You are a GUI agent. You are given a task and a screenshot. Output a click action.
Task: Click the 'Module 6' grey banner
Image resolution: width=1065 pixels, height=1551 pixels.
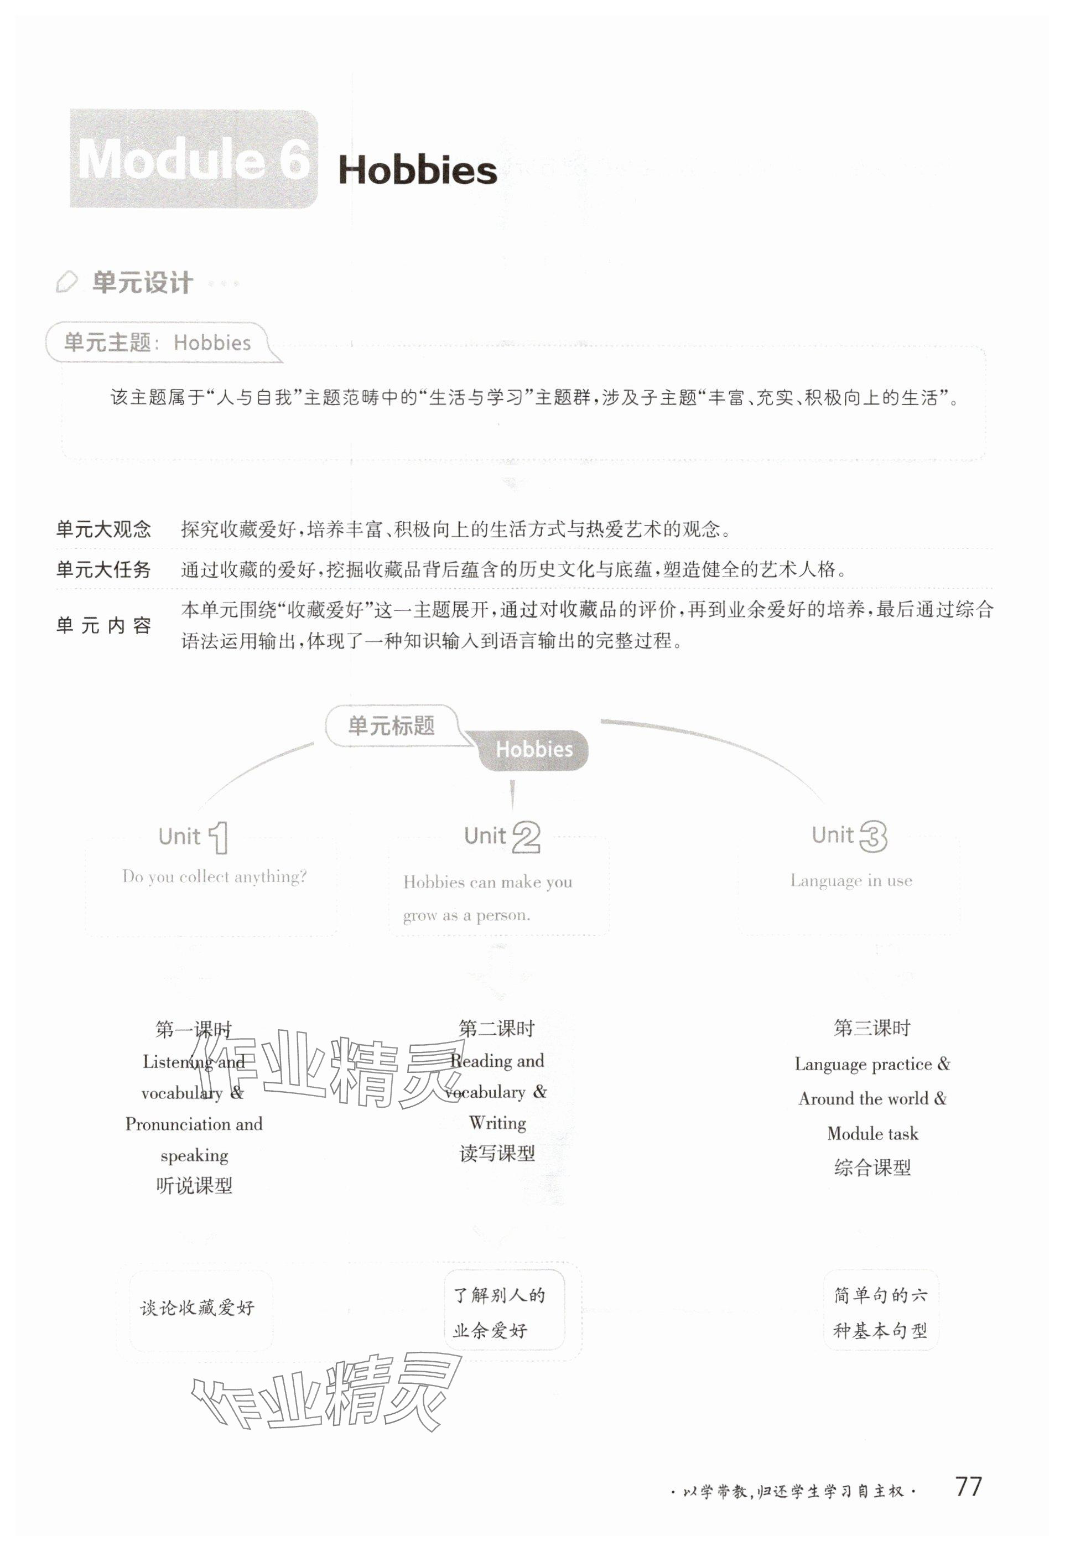pyautogui.click(x=194, y=159)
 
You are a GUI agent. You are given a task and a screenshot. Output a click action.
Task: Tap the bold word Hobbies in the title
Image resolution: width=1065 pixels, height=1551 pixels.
pyautogui.click(x=417, y=171)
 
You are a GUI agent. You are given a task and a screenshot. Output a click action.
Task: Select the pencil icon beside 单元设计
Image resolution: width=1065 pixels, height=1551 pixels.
pyautogui.click(x=67, y=282)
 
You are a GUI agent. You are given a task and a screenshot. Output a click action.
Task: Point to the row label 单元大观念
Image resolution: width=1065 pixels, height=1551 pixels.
pyautogui.click(x=103, y=529)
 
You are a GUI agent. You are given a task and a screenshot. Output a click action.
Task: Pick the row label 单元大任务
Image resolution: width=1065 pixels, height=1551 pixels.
pyautogui.click(x=103, y=569)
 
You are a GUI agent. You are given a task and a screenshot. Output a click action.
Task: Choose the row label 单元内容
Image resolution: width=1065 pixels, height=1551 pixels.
pyautogui.click(x=103, y=625)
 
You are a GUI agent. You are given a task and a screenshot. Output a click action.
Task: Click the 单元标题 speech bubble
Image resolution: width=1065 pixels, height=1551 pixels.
pyautogui.click(x=392, y=725)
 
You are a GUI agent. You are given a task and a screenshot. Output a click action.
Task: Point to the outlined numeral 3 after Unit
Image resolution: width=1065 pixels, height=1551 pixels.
pyautogui.click(x=873, y=836)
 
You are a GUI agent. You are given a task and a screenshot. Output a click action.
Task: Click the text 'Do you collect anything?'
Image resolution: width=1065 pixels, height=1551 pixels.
pyautogui.click(x=214, y=876)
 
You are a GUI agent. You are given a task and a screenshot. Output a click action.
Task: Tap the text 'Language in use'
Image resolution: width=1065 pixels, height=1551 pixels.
pyautogui.click(x=851, y=880)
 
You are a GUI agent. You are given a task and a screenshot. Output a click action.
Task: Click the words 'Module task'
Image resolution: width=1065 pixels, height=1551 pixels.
pyautogui.click(x=872, y=1133)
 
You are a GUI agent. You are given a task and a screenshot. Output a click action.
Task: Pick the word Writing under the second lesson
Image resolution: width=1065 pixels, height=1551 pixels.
pyautogui.click(x=497, y=1123)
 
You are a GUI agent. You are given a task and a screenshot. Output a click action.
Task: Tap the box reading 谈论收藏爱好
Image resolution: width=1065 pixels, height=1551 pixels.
pyautogui.click(x=198, y=1308)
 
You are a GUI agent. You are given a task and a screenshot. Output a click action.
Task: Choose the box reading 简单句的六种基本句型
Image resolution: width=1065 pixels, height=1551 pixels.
pyautogui.click(x=880, y=1312)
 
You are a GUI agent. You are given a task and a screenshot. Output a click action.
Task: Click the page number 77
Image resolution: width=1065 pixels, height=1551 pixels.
pyautogui.click(x=968, y=1486)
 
